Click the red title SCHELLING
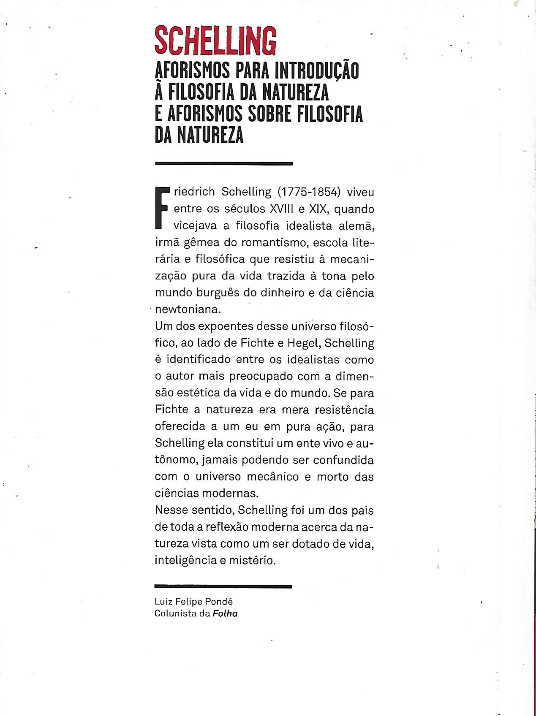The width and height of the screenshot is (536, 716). point(215,41)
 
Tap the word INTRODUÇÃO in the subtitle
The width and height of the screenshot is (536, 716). point(317,71)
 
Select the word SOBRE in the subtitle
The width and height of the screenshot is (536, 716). point(267,114)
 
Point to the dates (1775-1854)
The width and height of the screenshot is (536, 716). point(309,192)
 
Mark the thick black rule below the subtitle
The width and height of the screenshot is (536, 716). point(224,163)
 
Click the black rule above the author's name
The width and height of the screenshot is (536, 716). point(223,586)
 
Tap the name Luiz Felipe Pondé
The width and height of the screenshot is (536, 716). point(193,602)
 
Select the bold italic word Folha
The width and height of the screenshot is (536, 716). point(225,613)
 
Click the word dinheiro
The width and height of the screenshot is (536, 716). point(277,293)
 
